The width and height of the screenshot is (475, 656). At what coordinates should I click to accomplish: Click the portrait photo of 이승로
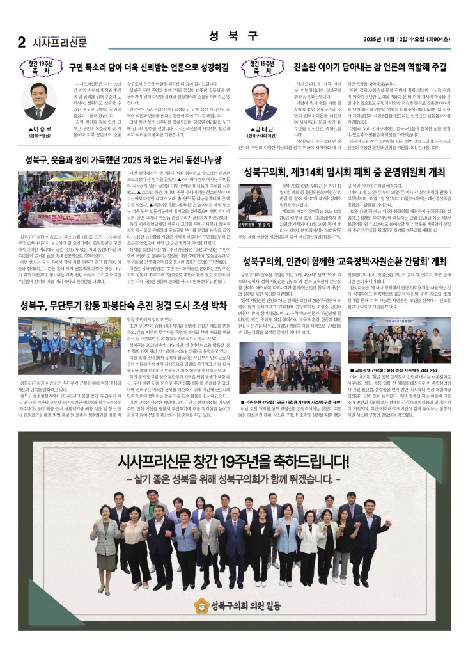pyautogui.click(x=39, y=100)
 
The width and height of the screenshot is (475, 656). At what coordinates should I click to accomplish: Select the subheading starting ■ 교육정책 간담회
pyautogui.click(x=394, y=370)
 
